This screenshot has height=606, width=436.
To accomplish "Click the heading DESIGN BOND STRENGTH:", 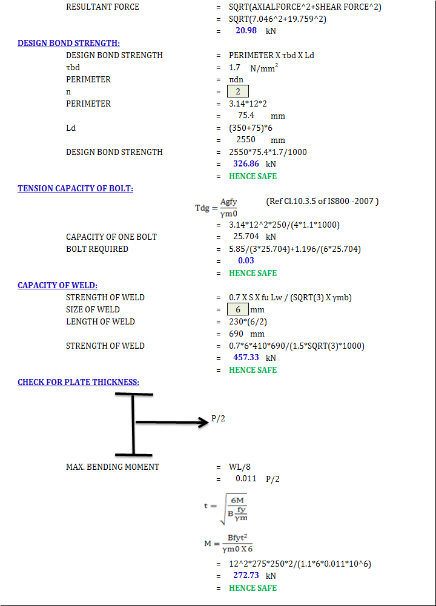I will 68,43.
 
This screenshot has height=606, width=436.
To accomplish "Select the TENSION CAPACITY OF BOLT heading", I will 75,188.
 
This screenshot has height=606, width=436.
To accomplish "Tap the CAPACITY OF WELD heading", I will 58,285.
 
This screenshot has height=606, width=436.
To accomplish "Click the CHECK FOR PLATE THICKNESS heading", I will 78,382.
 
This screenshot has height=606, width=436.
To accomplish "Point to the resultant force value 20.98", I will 246,31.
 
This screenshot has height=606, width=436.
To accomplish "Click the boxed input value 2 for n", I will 238,91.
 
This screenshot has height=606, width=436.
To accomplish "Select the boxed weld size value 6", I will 238,309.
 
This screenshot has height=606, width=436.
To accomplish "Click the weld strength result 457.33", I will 246,358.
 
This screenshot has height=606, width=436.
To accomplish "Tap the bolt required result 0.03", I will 246,261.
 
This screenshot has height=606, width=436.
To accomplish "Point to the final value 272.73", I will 246,576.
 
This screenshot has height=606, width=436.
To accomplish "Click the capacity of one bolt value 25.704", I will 246,237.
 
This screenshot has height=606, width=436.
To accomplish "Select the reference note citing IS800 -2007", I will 322,201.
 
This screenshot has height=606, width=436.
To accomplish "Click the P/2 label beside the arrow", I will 219,418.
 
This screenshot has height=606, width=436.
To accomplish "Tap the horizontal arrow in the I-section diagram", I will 173,423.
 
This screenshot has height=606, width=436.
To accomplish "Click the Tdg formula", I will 217,208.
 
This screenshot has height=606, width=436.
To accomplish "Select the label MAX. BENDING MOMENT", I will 113,467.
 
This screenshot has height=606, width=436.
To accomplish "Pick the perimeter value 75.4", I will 246,116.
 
